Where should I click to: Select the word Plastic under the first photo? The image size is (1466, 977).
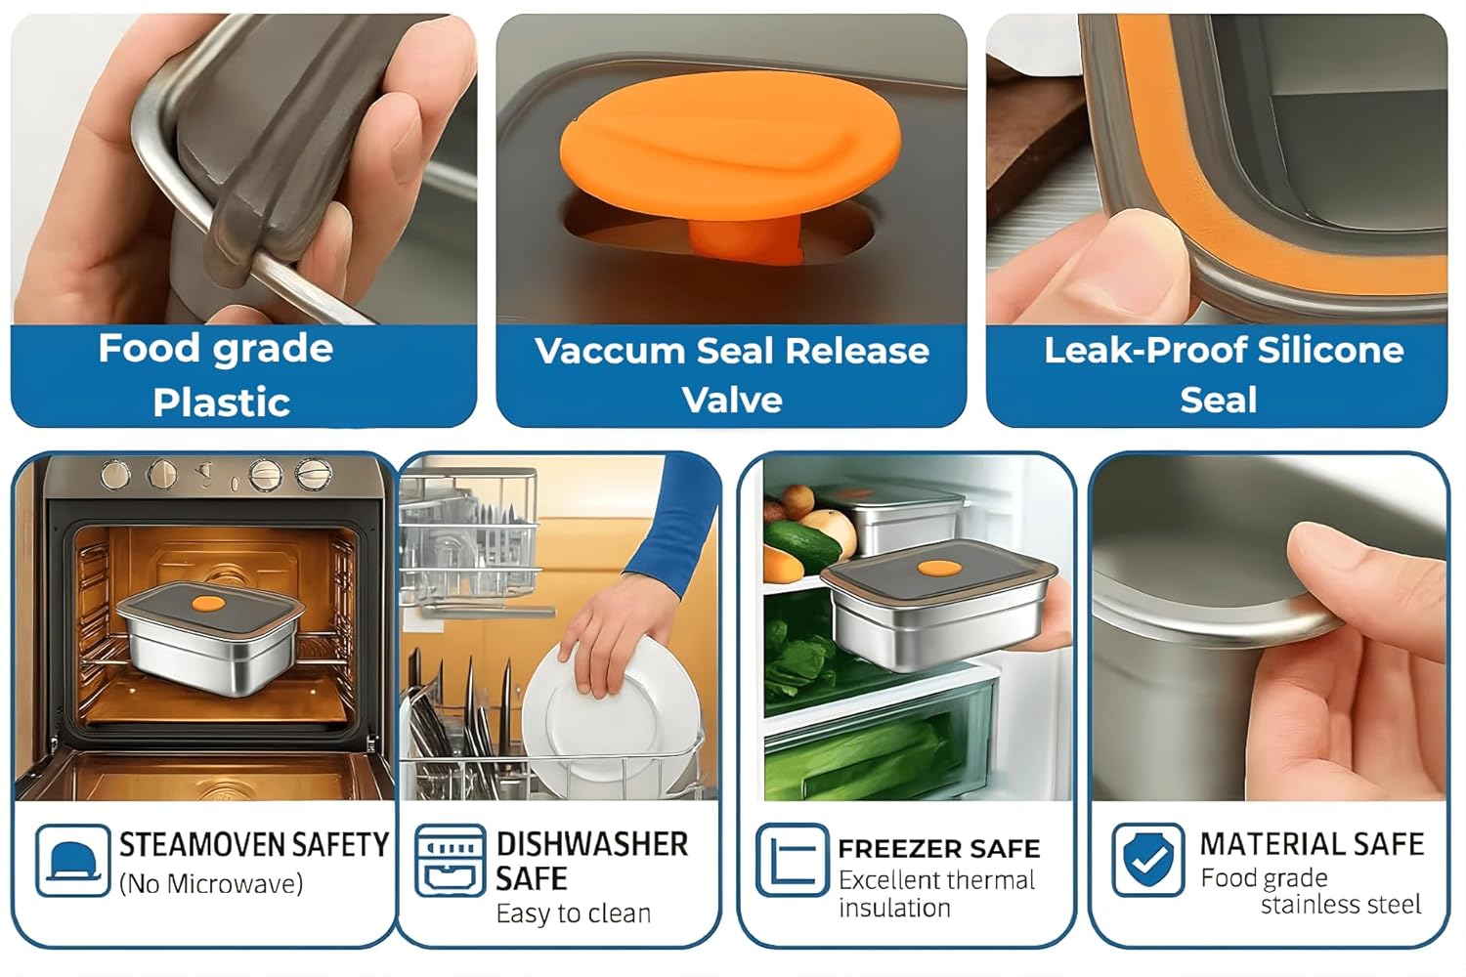pyautogui.click(x=222, y=402)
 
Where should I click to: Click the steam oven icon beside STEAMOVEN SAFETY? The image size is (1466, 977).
pyautogui.click(x=72, y=860)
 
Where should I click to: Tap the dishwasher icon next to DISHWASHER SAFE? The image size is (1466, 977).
pyautogui.click(x=451, y=860)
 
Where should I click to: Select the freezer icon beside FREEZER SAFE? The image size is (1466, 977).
pyautogui.click(x=792, y=859)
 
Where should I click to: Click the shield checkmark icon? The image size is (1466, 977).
pyautogui.click(x=1148, y=859)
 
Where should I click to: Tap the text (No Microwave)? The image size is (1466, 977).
pyautogui.click(x=211, y=884)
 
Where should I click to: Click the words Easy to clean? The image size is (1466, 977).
pyautogui.click(x=574, y=913)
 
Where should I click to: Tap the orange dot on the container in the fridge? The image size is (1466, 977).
pyautogui.click(x=939, y=568)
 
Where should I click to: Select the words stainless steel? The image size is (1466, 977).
pyautogui.click(x=1340, y=905)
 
